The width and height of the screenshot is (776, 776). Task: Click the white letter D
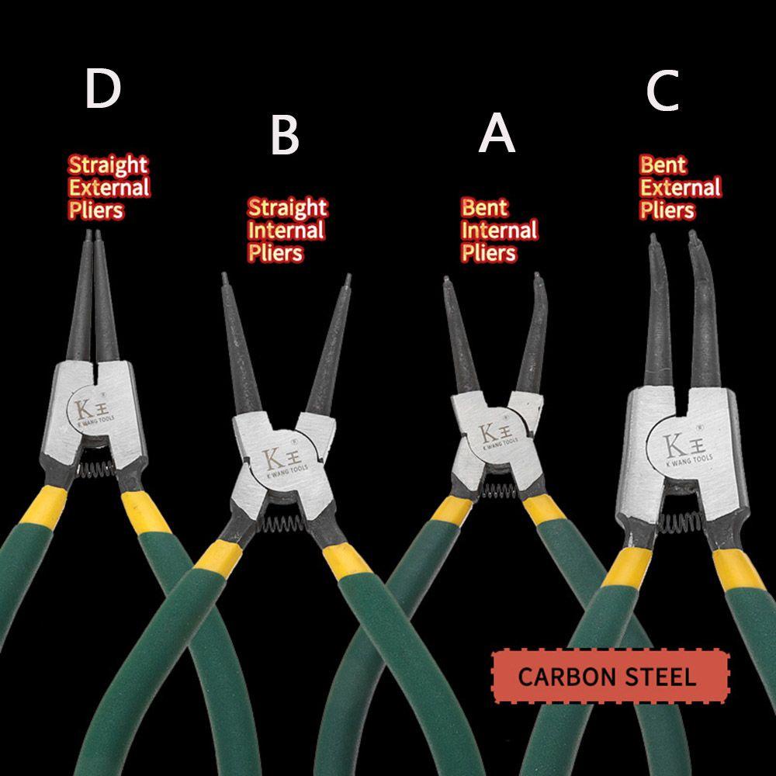pyautogui.click(x=103, y=89)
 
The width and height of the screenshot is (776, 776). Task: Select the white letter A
pyautogui.click(x=497, y=133)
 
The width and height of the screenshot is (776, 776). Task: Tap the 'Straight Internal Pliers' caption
pyautogui.click(x=286, y=230)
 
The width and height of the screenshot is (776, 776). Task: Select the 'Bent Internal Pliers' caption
pyautogui.click(x=499, y=230)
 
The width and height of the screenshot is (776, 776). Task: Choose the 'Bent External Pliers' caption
pyautogui.click(x=679, y=187)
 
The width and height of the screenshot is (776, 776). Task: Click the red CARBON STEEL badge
pyautogui.click(x=611, y=676)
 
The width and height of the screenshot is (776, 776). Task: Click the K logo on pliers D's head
pyautogui.click(x=87, y=409)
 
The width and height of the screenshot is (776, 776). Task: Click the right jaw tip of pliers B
pyautogui.click(x=347, y=277)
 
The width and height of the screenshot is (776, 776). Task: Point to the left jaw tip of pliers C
pyautogui.click(x=653, y=236)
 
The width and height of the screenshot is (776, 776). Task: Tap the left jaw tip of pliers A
pyautogui.click(x=446, y=280)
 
